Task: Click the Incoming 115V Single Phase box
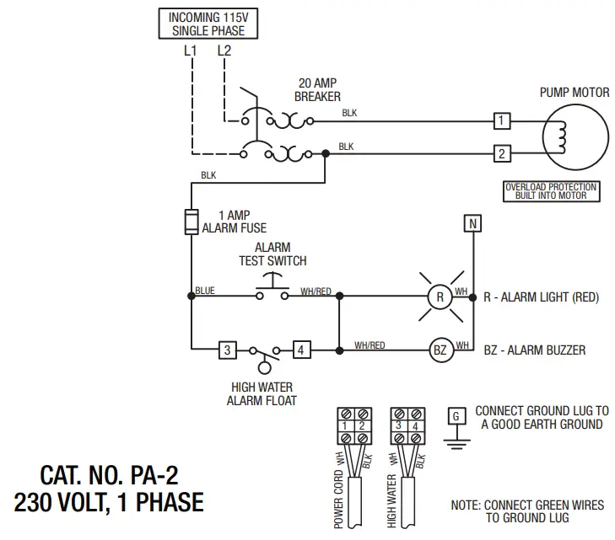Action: point(208,24)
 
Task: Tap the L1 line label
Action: point(191,51)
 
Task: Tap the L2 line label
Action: point(224,51)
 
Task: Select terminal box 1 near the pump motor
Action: point(502,121)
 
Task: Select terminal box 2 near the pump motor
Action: point(502,154)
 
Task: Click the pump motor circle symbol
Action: point(575,136)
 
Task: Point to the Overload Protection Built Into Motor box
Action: point(551,191)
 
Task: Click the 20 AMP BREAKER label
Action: point(317,90)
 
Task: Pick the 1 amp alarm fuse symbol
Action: point(192,222)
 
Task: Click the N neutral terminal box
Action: point(473,223)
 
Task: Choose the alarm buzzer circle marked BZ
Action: point(440,349)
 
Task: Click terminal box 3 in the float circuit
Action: point(226,349)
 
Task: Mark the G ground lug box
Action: point(456,416)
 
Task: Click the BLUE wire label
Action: point(205,291)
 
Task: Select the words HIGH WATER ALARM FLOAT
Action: point(262,394)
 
